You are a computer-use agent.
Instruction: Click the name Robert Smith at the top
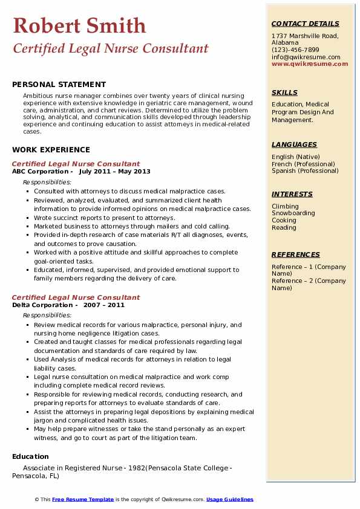click(79, 25)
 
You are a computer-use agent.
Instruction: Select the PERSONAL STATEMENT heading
click(59, 85)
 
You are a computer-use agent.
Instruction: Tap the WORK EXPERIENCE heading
click(51, 150)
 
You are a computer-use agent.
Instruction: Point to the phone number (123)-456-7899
click(295, 50)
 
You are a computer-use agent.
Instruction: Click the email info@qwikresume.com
click(306, 57)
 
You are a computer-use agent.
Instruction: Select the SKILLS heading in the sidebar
click(284, 92)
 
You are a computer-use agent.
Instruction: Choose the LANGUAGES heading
click(294, 144)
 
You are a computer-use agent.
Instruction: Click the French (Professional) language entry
click(303, 164)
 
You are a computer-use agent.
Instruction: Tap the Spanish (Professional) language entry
click(305, 170)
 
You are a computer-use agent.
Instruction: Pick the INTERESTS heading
click(292, 194)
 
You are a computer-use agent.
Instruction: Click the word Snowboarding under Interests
click(293, 213)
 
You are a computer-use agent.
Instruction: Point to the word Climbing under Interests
click(285, 206)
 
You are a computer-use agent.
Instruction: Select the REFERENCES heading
click(296, 254)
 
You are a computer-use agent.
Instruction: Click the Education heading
click(30, 456)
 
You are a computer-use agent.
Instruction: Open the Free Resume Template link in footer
click(83, 499)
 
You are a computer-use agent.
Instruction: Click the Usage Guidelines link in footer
click(230, 499)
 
